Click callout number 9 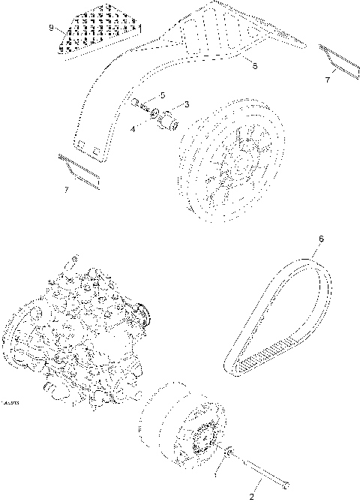[51, 28]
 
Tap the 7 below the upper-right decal [326, 79]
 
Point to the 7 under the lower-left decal [65, 190]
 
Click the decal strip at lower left [78, 169]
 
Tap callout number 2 [252, 496]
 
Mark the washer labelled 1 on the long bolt [229, 452]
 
